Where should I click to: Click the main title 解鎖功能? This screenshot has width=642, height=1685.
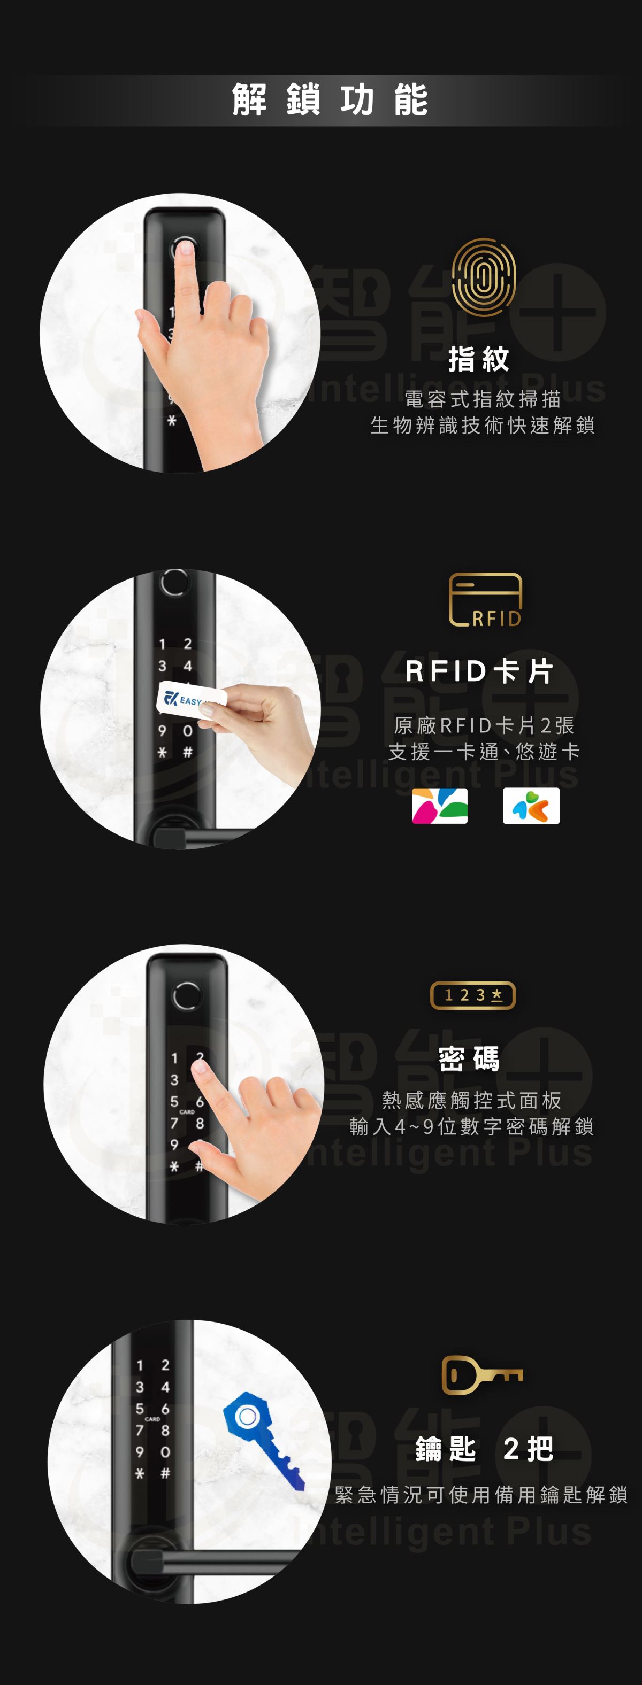tap(330, 100)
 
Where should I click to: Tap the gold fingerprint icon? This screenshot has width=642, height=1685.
tap(484, 277)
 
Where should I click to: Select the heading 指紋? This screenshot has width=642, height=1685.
tap(479, 359)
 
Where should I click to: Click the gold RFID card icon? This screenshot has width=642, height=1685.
tap(485, 600)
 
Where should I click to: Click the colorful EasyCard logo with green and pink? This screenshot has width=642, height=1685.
tap(440, 805)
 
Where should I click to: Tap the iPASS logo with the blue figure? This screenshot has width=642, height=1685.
tap(531, 805)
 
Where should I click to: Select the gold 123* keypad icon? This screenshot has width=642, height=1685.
tap(472, 995)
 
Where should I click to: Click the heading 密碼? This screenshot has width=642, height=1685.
tap(469, 1058)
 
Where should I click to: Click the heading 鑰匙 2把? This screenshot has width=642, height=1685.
tap(484, 1449)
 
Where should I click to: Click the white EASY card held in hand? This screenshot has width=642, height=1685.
tap(191, 699)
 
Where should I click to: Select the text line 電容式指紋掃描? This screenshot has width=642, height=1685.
tap(483, 398)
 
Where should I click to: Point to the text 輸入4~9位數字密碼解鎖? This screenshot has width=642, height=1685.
tap(471, 1126)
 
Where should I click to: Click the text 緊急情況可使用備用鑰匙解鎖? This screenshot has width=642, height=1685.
tap(481, 1495)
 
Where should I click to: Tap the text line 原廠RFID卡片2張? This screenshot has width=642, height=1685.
tap(484, 725)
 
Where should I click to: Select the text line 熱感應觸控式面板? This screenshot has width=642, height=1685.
tap(472, 1100)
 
